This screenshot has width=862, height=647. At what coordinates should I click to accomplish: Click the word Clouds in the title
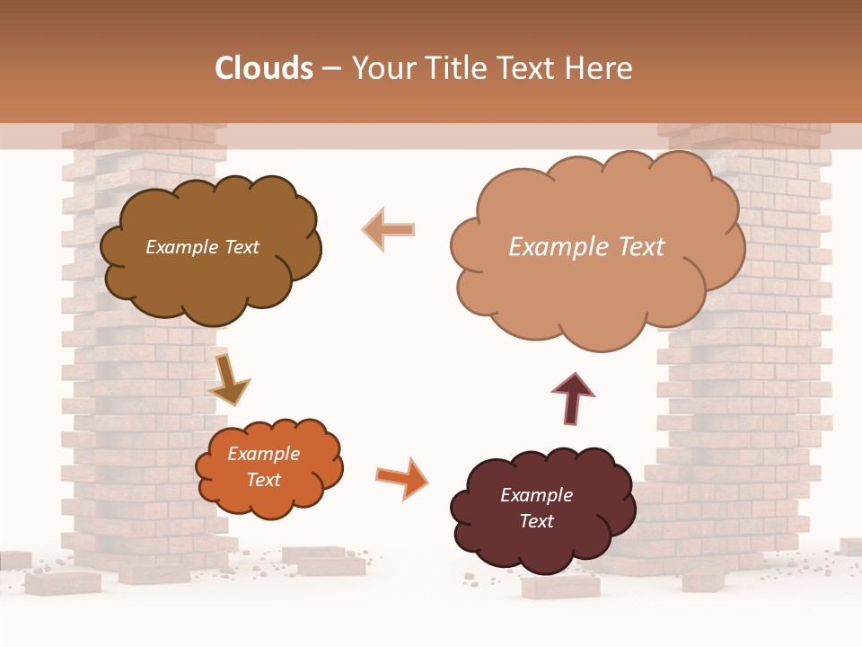(264, 68)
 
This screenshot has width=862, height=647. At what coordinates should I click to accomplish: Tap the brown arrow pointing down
(228, 379)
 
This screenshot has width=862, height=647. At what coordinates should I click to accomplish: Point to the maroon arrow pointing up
(572, 398)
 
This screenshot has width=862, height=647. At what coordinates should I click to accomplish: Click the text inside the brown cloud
(202, 247)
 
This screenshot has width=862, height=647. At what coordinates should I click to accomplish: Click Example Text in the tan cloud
(586, 247)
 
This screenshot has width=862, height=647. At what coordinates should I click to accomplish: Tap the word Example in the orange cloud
(263, 454)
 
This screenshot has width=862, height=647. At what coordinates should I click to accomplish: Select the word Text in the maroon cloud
(536, 521)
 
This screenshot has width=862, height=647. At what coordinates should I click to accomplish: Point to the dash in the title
(331, 68)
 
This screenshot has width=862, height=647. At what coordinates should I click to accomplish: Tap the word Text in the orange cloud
(263, 480)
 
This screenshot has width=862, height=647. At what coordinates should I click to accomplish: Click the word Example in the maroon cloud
(536, 495)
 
